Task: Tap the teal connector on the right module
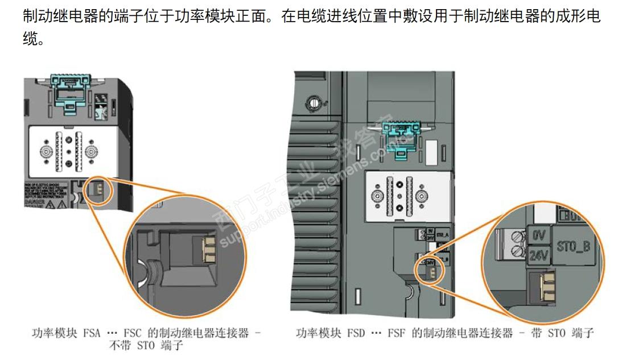pyautogui.click(x=399, y=140)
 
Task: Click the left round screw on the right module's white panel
pyautogui.click(x=376, y=196)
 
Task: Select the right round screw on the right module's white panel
pyautogui.click(x=422, y=196)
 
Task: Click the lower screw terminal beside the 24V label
pyautogui.click(x=517, y=251)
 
